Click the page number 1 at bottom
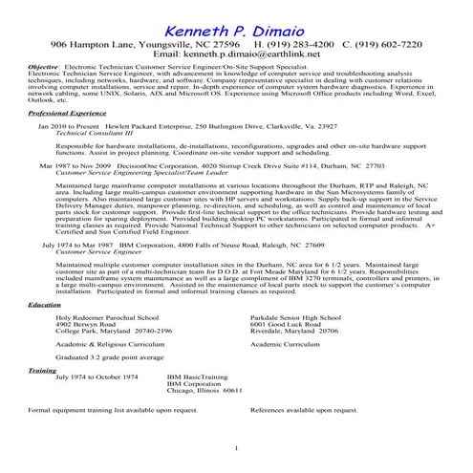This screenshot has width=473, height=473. tap(235, 448)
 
